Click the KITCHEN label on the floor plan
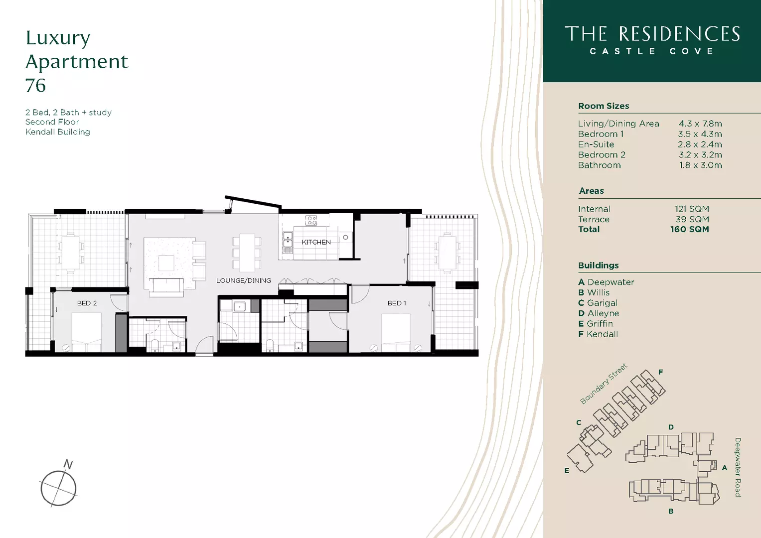(x=316, y=242)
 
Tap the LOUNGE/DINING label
(x=243, y=280)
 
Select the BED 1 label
(x=397, y=303)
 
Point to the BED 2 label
(x=87, y=303)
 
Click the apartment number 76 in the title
(x=35, y=86)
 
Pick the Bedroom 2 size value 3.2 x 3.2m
(x=700, y=155)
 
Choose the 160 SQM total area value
(x=689, y=230)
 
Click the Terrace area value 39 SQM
(x=692, y=219)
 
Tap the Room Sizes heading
(x=603, y=106)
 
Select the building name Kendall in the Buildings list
(x=602, y=334)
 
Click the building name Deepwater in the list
(x=610, y=282)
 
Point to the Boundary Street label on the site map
(x=604, y=384)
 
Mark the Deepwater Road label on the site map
(x=738, y=467)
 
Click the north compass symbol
(x=59, y=487)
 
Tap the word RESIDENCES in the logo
(x=679, y=34)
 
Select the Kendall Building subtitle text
(x=58, y=132)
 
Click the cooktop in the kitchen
(x=311, y=220)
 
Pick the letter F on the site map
(x=660, y=372)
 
